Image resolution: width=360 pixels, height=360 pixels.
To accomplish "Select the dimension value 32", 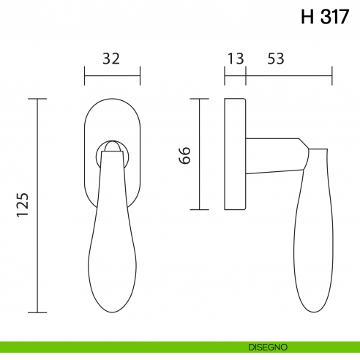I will [112, 59].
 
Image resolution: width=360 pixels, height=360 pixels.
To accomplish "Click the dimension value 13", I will [236, 59].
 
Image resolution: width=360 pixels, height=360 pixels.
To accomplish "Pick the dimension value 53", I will [276, 59].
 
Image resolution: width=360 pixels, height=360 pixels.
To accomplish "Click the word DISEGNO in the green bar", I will [266, 346].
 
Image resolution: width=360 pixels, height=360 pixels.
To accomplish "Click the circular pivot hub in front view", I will [112, 152].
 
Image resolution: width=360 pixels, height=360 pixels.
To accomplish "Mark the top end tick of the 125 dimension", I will [37, 99].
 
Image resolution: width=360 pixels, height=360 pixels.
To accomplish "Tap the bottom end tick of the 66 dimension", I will [200, 210].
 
